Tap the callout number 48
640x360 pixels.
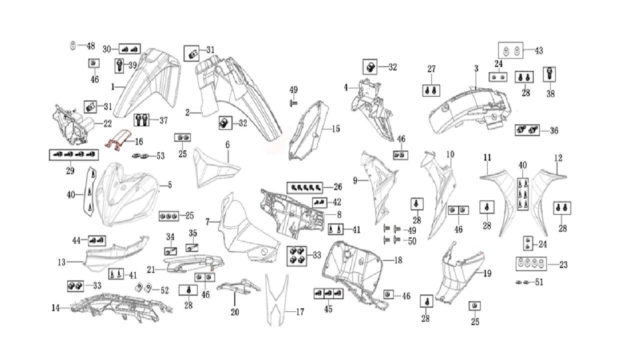pyautogui.click(x=90, y=46)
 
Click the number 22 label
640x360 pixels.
pyautogui.click(x=107, y=123)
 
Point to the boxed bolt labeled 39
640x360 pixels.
pyautogui.click(x=119, y=65)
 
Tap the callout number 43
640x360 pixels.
pyautogui.click(x=539, y=50)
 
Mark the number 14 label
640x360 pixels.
pyautogui.click(x=55, y=308)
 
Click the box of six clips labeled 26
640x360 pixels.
pyautogui.click(x=305, y=188)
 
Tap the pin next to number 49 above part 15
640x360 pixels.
pyautogui.click(x=294, y=102)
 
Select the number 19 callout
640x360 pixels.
pyautogui.click(x=487, y=273)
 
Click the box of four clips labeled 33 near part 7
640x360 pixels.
pyautogui.click(x=296, y=255)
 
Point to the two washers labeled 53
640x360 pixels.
pyautogui.click(x=142, y=156)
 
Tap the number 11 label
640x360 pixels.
pyautogui.click(x=487, y=157)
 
